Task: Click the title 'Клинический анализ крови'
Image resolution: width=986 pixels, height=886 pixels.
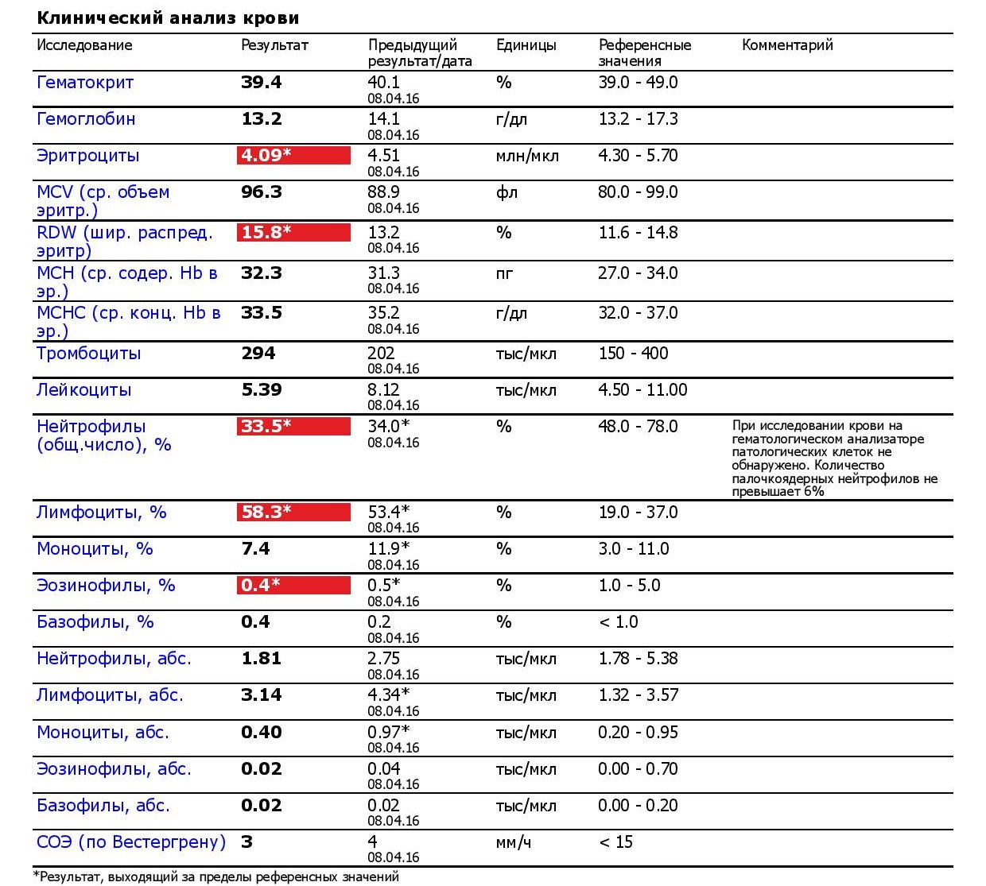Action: click(168, 17)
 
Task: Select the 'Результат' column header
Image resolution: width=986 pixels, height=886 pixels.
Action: click(274, 45)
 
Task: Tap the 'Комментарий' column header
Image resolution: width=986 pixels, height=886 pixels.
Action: click(787, 45)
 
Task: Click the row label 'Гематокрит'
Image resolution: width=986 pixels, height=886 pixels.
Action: click(85, 83)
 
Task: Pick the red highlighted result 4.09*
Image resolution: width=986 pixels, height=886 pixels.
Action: click(293, 156)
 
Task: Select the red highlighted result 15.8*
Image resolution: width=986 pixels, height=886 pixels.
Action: click(293, 233)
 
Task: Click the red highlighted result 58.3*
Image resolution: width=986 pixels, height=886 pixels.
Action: click(293, 513)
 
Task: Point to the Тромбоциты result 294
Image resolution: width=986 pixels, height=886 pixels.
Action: click(258, 354)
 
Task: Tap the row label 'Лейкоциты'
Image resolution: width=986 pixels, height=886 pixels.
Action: click(84, 390)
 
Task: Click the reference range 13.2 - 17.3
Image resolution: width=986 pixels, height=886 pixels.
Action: click(638, 119)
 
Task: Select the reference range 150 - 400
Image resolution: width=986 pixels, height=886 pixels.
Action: click(633, 354)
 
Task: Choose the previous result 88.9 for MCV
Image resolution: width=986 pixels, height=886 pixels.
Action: click(383, 192)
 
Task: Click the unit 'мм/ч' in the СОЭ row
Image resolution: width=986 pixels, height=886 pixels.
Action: click(513, 842)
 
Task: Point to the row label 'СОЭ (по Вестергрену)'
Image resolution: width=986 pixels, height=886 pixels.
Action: click(131, 842)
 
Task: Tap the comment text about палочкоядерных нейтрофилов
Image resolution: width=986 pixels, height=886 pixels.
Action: click(834, 458)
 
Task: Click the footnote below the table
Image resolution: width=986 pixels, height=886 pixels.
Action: click(215, 877)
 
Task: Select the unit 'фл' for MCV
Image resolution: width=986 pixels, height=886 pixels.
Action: click(507, 192)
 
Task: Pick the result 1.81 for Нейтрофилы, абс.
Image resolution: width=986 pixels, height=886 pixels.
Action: click(261, 659)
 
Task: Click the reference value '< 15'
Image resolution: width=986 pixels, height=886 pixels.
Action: click(615, 842)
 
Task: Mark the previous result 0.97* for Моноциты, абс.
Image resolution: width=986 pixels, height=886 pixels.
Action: click(388, 732)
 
